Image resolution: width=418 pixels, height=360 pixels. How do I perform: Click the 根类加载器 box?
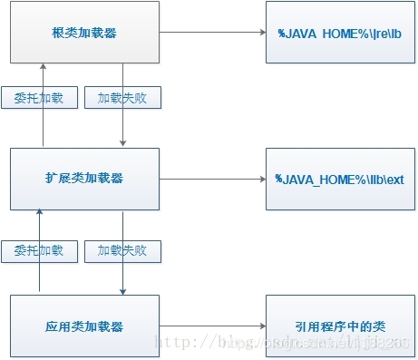(86, 33)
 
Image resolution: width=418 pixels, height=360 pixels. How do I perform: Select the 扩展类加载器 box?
(86, 179)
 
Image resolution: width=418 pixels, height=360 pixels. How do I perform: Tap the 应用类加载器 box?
(86, 326)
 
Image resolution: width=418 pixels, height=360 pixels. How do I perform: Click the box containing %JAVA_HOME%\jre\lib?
(339, 33)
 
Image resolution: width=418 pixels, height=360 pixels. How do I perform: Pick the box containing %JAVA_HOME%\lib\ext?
(339, 179)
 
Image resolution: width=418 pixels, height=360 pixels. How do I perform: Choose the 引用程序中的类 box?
(339, 326)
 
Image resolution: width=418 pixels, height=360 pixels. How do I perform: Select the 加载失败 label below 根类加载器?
(122, 98)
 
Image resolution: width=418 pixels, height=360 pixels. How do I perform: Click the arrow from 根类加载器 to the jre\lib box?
(212, 33)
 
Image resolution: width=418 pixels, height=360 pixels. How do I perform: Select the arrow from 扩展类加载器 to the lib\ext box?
(212, 179)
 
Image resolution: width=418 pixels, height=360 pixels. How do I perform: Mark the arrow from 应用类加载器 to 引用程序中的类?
(212, 326)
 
